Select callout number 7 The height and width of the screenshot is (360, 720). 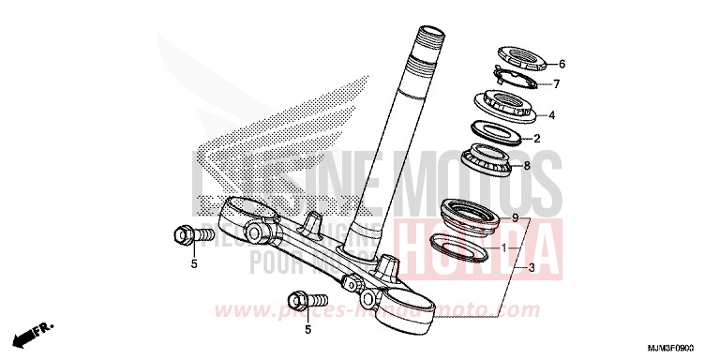[x=555, y=83]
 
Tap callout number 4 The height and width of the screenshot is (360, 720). [x=551, y=116]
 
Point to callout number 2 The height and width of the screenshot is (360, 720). [x=537, y=139]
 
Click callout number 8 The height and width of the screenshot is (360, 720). [x=528, y=166]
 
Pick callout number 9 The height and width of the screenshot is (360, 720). [x=514, y=217]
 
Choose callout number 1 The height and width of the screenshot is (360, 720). [x=505, y=248]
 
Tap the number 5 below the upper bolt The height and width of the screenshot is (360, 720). [x=194, y=264]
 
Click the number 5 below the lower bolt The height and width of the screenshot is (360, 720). [x=307, y=329]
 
